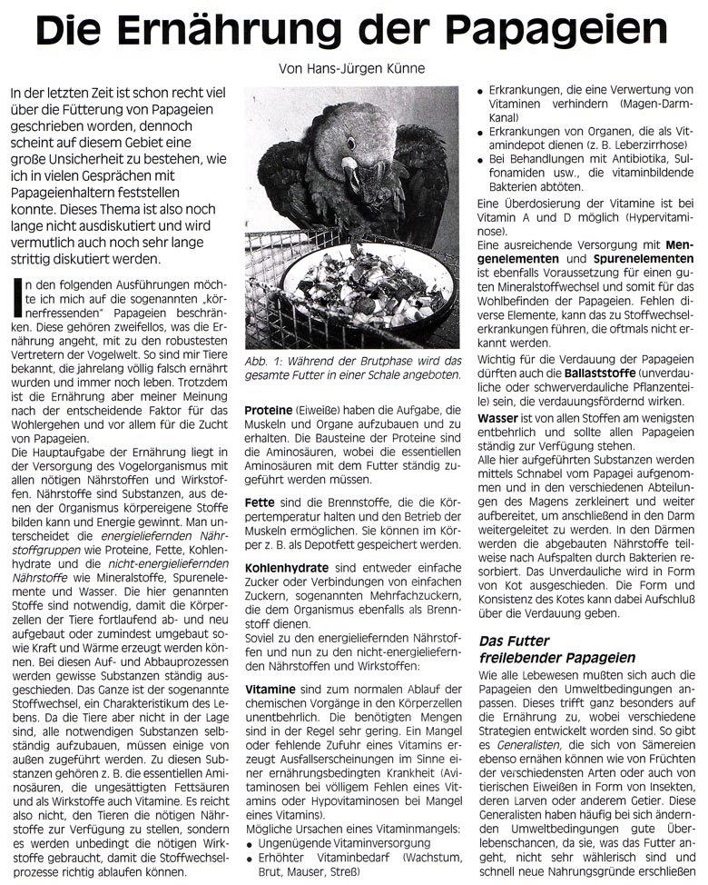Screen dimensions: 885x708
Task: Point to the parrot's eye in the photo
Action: coord(350,144)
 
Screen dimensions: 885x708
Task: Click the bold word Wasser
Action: coord(497,421)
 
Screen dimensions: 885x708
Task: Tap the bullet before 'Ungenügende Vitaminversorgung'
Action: coord(251,844)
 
